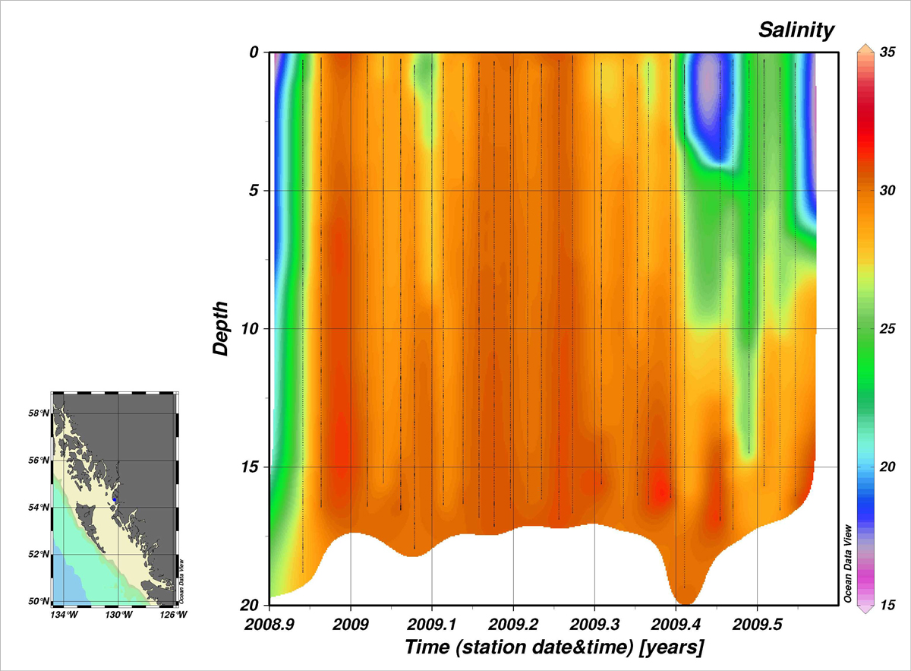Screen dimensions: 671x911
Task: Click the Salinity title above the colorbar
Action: [796, 30]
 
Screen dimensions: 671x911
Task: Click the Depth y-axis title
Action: [220, 328]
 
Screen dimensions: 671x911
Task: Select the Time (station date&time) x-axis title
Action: [554, 647]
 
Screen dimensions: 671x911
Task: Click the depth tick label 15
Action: [251, 467]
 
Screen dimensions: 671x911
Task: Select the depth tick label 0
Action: [255, 52]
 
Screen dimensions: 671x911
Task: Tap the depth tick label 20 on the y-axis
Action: [251, 605]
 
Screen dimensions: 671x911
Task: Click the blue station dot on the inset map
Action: [114, 499]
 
